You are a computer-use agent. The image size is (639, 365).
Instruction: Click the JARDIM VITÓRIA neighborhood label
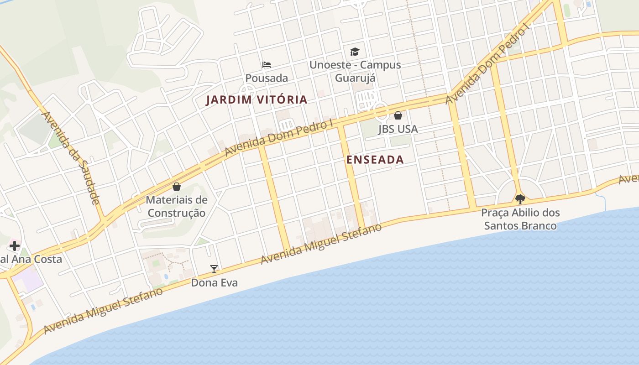[257, 99]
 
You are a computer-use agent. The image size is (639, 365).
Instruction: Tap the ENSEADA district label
[375, 160]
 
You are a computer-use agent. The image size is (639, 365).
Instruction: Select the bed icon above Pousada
[267, 65]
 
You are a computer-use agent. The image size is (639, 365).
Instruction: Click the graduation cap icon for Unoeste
[355, 52]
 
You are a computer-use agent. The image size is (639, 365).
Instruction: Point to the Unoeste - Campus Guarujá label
[355, 71]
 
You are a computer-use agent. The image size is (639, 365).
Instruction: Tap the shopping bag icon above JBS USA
[398, 115]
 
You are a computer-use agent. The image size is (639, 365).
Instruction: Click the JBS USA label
[398, 129]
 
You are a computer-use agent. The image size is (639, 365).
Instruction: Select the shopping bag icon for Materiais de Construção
[177, 187]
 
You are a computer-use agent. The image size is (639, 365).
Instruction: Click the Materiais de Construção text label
[177, 206]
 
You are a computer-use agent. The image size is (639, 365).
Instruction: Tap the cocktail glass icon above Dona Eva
[214, 269]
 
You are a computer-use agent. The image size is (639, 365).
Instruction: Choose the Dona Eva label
[214, 283]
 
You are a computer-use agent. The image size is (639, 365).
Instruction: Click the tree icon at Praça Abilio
[520, 199]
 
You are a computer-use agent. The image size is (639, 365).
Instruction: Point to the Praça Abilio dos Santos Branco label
[520, 219]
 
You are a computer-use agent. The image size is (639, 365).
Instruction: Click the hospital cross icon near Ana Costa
[14, 246]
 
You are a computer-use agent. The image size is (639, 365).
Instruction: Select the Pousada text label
[267, 78]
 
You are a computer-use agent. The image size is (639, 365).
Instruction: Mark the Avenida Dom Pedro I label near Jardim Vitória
[279, 138]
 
